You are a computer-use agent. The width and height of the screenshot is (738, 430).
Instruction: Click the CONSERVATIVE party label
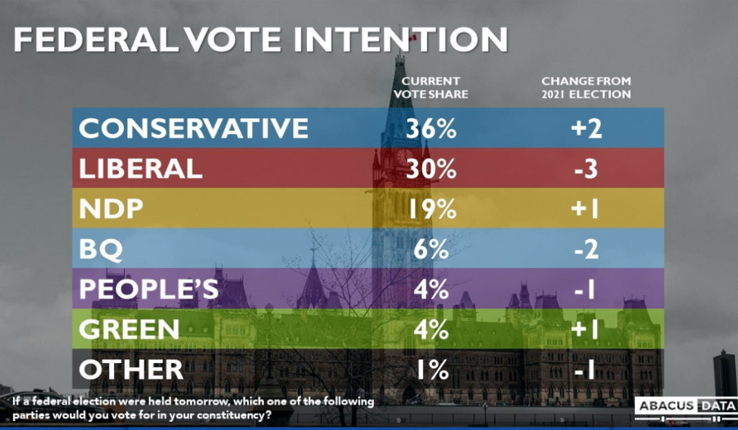pyautogui.click(x=193, y=128)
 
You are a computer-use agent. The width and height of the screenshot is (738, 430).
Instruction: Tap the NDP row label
pyautogui.click(x=111, y=209)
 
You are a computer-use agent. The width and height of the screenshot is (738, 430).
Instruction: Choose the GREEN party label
pyautogui.click(x=130, y=330)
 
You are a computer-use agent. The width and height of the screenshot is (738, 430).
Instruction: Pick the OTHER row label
pyautogui.click(x=131, y=370)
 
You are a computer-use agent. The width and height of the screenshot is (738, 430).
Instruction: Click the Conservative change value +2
pyautogui.click(x=586, y=128)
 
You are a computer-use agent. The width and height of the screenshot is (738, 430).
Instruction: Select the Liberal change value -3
pyautogui.click(x=586, y=168)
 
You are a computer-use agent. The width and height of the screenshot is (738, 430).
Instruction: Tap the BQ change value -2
pyautogui.click(x=586, y=250)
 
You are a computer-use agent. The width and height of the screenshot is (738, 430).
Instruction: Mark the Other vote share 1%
pyautogui.click(x=432, y=370)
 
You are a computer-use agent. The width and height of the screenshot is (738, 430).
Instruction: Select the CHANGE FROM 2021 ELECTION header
pyautogui.click(x=586, y=88)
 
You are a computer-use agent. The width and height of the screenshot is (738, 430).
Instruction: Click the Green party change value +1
pyautogui.click(x=586, y=330)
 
